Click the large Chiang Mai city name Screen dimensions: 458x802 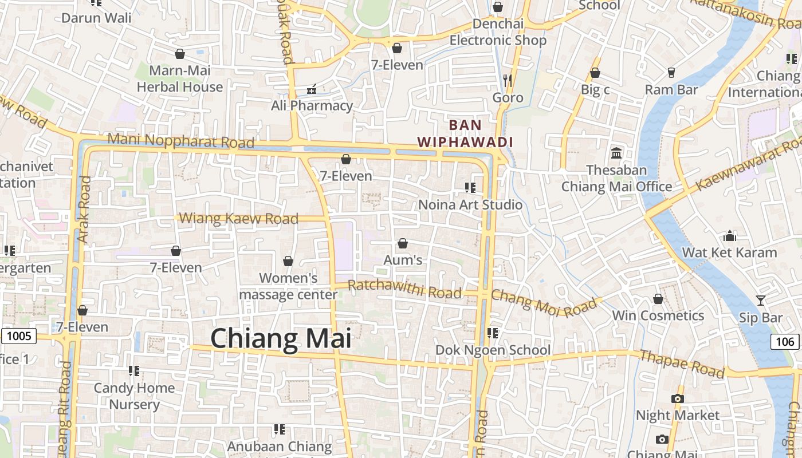click(281, 339)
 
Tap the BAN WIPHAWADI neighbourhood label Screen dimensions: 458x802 click(465, 133)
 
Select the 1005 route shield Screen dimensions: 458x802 click(19, 335)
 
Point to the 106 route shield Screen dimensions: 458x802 click(785, 342)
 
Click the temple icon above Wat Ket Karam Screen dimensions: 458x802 click(730, 236)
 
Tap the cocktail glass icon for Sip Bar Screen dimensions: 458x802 click(760, 301)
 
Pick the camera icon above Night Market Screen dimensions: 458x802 click(677, 398)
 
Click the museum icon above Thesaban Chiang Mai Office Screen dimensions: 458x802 click(616, 153)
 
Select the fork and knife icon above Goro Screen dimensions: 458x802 click(507, 80)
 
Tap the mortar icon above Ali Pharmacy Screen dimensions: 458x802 click(312, 89)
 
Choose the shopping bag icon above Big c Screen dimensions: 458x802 click(595, 73)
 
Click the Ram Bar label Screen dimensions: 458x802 click(671, 90)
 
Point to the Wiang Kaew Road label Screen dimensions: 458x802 click(239, 219)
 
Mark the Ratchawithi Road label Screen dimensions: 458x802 click(404, 289)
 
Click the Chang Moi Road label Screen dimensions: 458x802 click(544, 303)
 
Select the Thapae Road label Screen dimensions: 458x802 click(682, 363)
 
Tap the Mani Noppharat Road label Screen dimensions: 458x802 click(180, 140)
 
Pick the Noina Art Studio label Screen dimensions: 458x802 click(470, 204)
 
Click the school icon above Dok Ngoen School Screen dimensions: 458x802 click(492, 333)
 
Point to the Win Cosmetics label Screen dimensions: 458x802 click(658, 315)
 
